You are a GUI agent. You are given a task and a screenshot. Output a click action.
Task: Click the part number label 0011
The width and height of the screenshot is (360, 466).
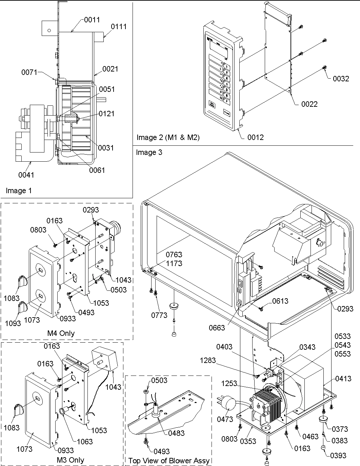point(92,20)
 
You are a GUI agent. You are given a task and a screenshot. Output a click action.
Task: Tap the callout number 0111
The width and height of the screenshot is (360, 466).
point(118,26)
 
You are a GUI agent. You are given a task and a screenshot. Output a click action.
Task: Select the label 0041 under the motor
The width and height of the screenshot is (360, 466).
point(26,175)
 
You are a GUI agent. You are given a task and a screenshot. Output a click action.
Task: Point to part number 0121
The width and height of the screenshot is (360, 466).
point(107,114)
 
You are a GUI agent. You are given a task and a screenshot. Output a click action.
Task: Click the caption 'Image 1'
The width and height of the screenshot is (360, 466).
point(19,190)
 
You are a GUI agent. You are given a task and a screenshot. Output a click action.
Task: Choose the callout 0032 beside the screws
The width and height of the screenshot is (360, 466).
point(341,79)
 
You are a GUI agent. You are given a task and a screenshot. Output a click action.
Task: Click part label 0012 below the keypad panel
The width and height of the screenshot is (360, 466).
point(255,137)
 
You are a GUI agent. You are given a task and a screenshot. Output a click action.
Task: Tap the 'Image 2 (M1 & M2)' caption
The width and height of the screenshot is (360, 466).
point(168,137)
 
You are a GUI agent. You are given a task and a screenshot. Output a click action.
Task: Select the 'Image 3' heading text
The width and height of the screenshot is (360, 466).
point(149,153)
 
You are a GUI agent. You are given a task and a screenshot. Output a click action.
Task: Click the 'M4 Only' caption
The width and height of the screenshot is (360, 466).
point(61,333)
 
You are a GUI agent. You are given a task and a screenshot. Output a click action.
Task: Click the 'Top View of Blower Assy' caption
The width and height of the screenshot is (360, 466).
point(168,461)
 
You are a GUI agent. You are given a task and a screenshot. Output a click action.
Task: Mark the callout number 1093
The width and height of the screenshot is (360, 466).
point(13,323)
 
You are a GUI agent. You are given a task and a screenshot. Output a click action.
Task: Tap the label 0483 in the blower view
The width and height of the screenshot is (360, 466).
point(176,433)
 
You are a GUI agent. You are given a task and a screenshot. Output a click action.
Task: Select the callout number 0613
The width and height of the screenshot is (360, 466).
point(280,301)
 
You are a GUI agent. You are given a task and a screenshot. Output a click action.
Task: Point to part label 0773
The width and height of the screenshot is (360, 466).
point(159,315)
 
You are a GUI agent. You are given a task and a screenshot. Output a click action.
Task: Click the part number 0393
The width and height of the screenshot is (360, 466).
point(338,455)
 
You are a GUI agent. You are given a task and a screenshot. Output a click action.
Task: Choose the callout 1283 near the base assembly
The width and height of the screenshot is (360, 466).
point(208,360)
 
